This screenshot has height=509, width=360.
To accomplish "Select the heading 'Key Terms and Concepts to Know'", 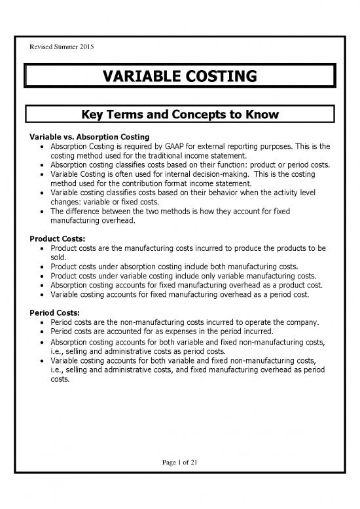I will point(180,115).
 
